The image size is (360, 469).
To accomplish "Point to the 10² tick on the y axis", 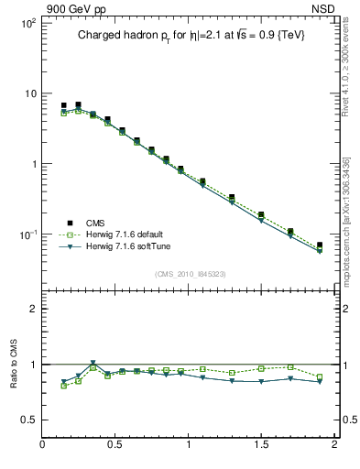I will (27, 23).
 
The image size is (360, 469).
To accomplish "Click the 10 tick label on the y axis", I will (29, 93).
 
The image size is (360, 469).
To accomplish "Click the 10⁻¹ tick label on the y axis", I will (27, 234).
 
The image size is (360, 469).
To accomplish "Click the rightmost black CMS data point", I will (320, 245).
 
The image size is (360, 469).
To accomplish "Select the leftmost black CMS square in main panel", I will (64, 106).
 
